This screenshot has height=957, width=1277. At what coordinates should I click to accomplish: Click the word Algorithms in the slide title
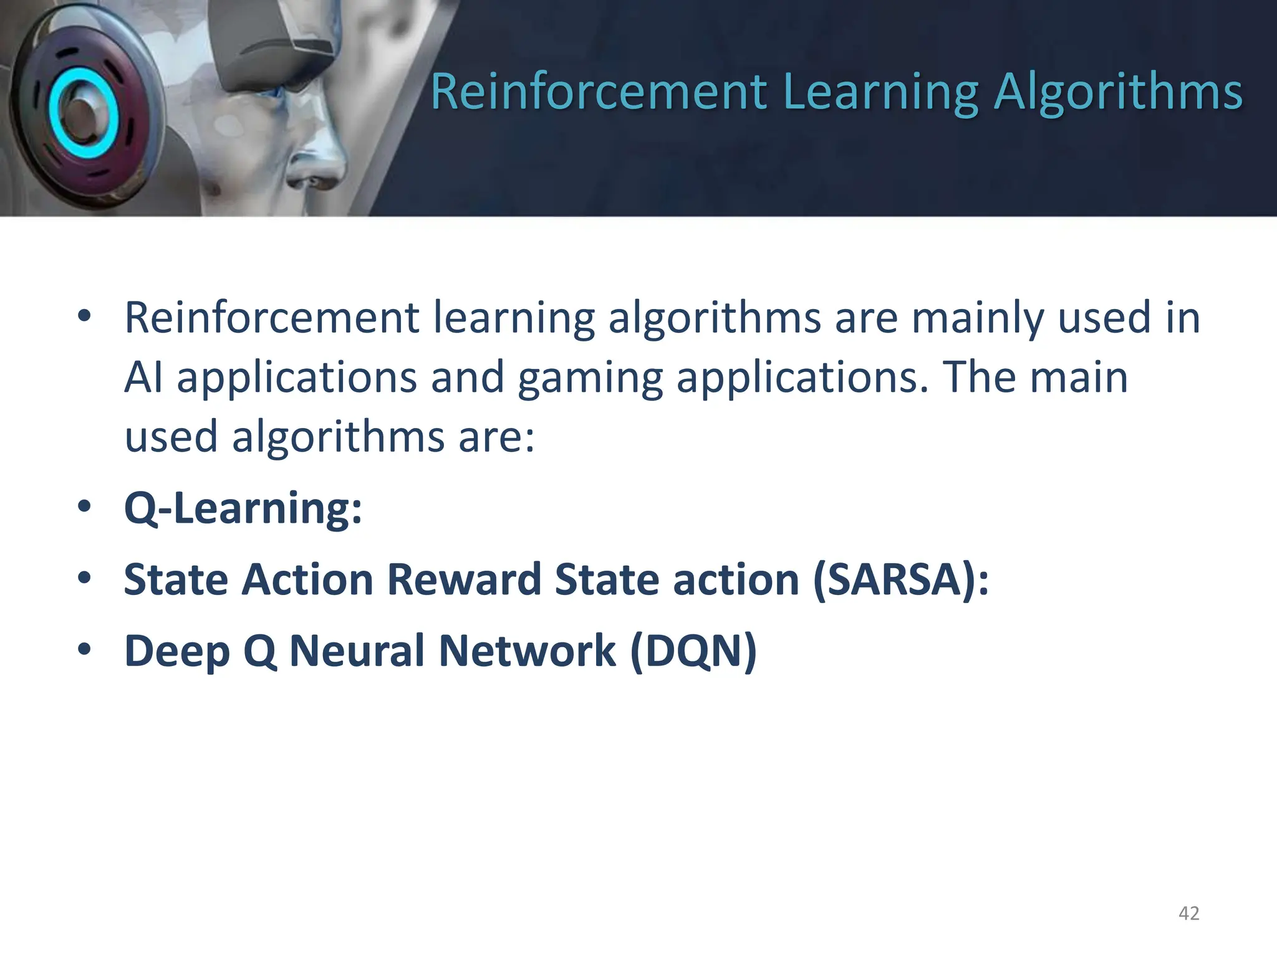pos(1118,92)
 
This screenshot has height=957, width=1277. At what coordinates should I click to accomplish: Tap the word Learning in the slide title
pos(880,92)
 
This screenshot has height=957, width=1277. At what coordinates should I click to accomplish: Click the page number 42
pos(1188,913)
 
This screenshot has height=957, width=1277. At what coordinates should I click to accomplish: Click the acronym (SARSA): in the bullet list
pos(901,579)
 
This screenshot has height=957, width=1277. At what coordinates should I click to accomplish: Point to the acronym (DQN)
pos(693,651)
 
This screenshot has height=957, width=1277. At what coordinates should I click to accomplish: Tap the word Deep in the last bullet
pos(177,651)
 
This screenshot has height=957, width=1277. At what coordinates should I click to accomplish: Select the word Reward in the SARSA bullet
pos(464,579)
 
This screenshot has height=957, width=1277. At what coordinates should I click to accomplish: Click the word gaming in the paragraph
pos(590,378)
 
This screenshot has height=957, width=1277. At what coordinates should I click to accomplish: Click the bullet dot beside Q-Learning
pos(84,507)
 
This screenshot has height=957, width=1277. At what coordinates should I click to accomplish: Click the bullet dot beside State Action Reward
pos(84,578)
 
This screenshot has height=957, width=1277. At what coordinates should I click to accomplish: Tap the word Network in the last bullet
pos(528,651)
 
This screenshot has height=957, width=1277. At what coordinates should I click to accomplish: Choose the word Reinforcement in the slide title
pos(599,92)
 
